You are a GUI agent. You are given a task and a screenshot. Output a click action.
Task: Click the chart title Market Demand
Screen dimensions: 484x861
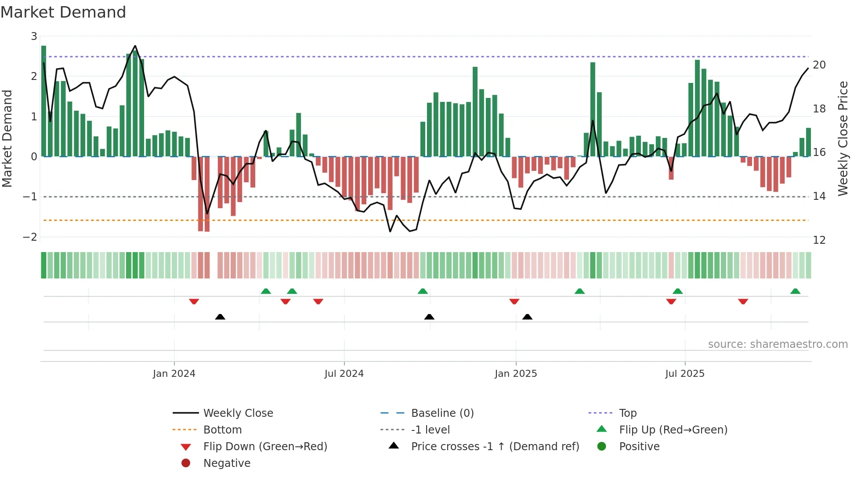63,12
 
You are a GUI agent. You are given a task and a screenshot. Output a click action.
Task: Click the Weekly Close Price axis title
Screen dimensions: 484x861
843,138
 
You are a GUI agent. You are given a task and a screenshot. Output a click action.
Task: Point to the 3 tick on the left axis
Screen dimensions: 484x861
34,36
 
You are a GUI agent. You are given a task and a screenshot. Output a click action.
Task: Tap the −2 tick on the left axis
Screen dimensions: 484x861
30,237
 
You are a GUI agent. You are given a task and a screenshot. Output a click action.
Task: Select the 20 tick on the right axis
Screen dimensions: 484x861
819,65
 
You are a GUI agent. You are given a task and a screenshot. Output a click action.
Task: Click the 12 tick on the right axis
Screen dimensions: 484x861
819,240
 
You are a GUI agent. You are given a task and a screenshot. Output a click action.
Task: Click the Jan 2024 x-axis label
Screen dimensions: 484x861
174,374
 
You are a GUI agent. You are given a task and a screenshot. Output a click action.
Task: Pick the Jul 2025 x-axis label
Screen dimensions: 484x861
684,374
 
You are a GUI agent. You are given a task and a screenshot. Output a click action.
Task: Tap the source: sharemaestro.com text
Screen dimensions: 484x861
778,344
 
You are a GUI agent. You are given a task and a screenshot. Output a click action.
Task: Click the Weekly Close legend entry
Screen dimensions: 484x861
238,413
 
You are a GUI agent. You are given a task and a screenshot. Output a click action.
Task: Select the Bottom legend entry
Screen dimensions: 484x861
222,430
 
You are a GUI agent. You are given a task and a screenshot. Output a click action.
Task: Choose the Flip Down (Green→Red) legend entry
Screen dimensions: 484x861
265,447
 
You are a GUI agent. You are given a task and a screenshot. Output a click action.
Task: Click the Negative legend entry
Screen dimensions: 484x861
227,463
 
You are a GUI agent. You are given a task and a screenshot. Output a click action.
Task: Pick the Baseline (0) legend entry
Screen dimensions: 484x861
442,413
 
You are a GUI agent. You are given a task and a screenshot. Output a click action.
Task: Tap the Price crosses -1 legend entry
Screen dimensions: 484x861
495,447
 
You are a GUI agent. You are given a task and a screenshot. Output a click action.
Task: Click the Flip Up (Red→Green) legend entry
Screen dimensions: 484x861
673,430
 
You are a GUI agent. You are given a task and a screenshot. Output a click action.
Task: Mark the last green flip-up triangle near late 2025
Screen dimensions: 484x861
795,291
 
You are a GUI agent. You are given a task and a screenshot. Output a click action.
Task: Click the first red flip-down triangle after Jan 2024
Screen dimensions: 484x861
194,301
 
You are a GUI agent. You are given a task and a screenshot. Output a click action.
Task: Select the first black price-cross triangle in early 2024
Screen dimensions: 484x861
220,317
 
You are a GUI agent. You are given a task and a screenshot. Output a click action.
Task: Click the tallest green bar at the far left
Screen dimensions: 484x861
43,101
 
